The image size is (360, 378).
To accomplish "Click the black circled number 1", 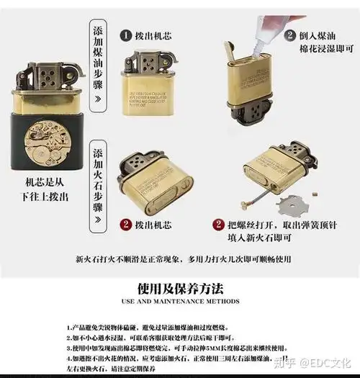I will coord(125,35).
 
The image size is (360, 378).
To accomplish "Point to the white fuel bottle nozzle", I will coord(244,37).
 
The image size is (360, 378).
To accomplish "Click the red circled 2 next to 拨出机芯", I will coord(125,225).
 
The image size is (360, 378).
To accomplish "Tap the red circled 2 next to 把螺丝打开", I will coord(219,225).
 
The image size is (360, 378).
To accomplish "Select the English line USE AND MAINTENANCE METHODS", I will coord(180,302).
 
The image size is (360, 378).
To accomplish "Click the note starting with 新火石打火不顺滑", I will coord(180,258).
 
